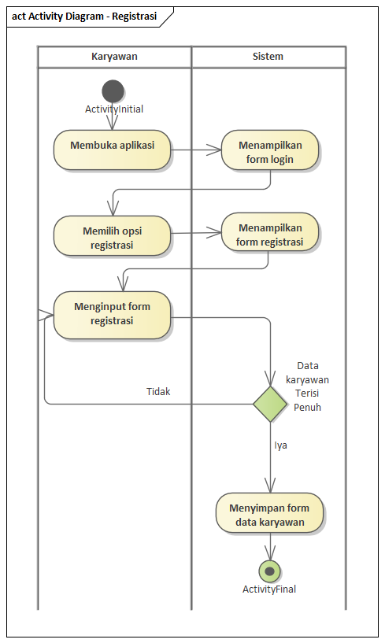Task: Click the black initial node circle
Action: pyautogui.click(x=113, y=91)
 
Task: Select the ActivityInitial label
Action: pyautogui.click(x=114, y=109)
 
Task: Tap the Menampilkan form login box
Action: pyautogui.click(x=270, y=150)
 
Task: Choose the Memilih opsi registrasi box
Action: pyautogui.click(x=113, y=236)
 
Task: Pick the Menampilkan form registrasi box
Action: pyautogui.click(x=270, y=232)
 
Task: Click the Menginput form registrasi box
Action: pyautogui.click(x=113, y=315)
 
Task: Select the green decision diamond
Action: pyautogui.click(x=270, y=404)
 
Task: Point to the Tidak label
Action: pyautogui.click(x=158, y=391)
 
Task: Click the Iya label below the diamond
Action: pyautogui.click(x=280, y=445)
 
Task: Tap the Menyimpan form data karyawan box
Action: pyautogui.click(x=270, y=514)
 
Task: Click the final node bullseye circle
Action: pyautogui.click(x=270, y=571)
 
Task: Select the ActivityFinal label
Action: pyautogui.click(x=269, y=589)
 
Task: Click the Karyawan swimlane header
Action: pyautogui.click(x=114, y=57)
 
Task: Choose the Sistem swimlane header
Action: pyautogui.click(x=268, y=57)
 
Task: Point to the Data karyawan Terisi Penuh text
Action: pyautogui.click(x=313, y=386)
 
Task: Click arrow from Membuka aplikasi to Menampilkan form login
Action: pyautogui.click(x=197, y=149)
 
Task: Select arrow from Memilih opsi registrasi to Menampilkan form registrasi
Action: pyautogui.click(x=197, y=233)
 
